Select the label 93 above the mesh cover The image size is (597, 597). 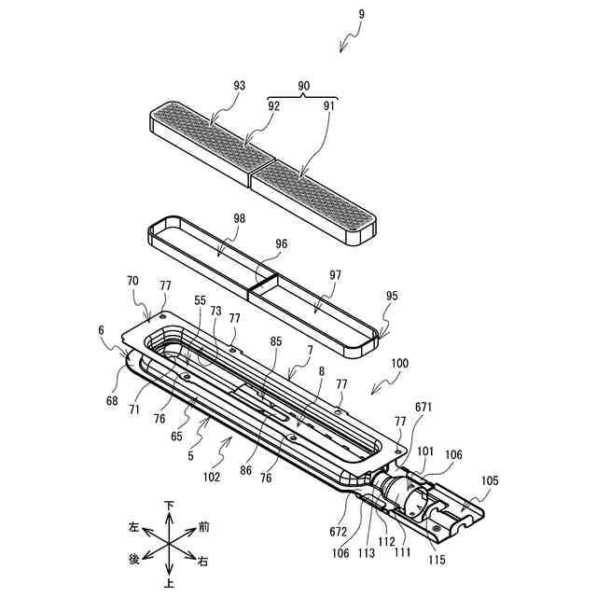click(240, 86)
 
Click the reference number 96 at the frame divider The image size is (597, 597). click(282, 244)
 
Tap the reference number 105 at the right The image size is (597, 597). click(489, 481)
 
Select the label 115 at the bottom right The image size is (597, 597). click(437, 560)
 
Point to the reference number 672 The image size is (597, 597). click(338, 532)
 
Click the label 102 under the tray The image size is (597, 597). click(211, 477)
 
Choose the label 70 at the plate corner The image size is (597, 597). click(132, 279)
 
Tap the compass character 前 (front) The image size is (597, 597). click(203, 527)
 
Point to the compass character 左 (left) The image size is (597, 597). click(134, 527)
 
